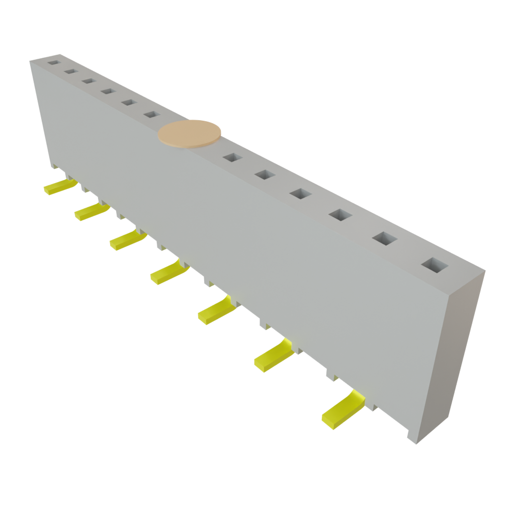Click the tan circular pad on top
pos(190,134)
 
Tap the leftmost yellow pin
pos(55,187)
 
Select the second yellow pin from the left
pos(90,212)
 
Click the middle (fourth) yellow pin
pos(167,273)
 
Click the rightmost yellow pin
pos(342,410)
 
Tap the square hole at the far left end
pos(53,63)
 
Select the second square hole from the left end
pos(70,72)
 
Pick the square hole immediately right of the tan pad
pos(232,157)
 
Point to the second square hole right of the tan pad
pos(265,175)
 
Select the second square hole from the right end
pos(385,238)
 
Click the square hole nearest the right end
pos(434,265)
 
